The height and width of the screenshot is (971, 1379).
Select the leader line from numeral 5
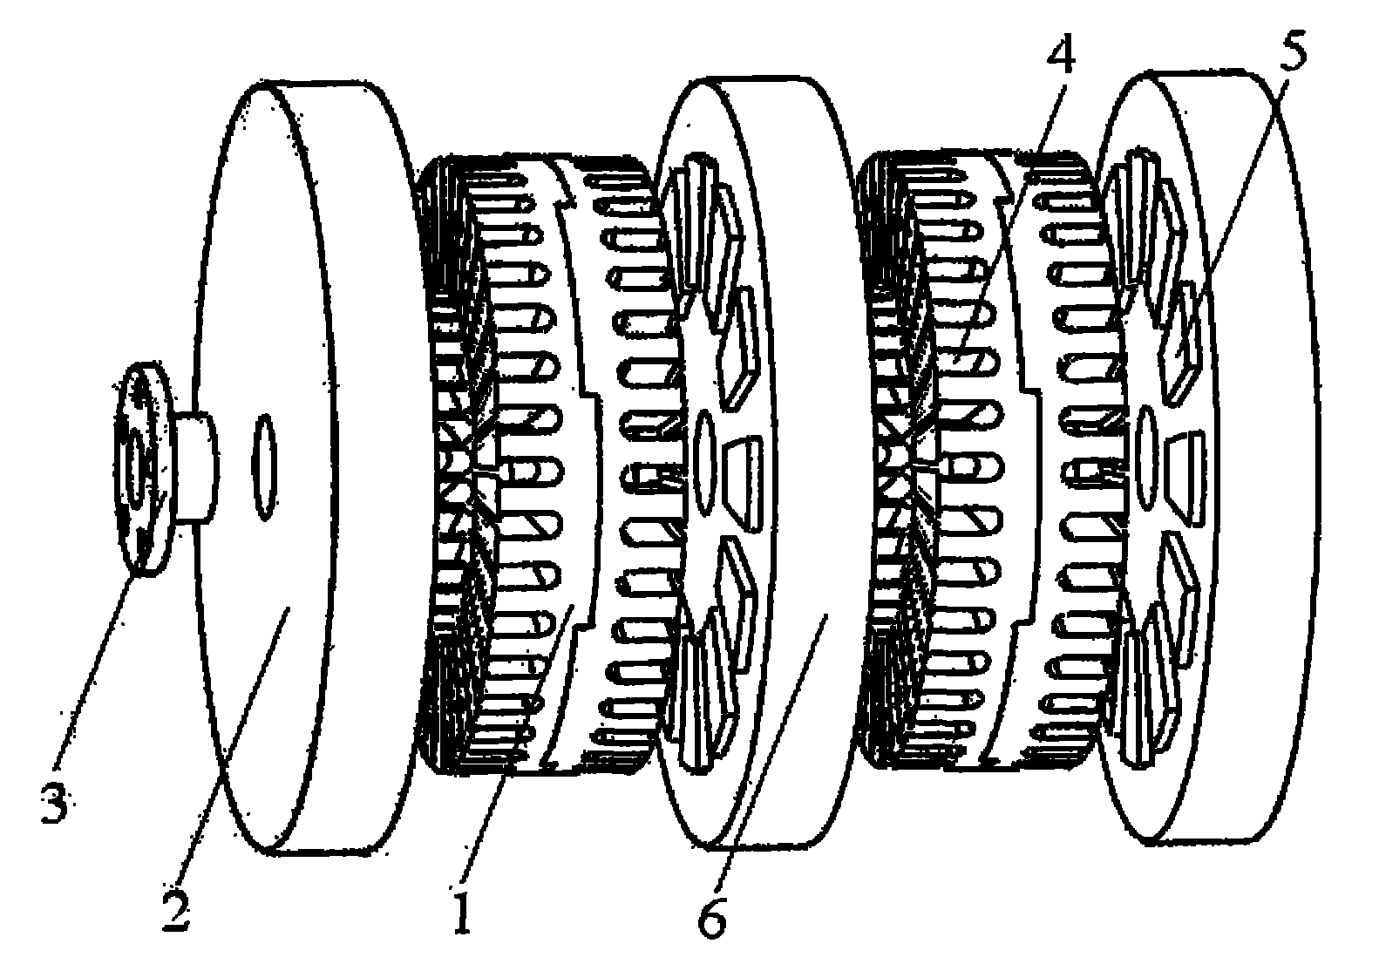[x=1238, y=200]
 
